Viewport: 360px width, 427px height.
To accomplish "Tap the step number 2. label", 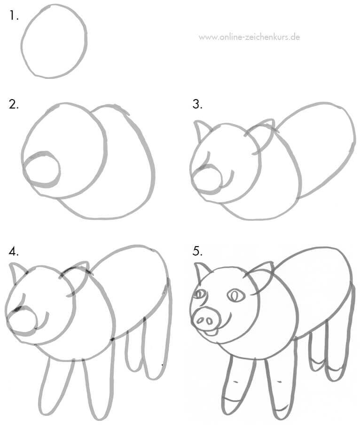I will coord(14,104).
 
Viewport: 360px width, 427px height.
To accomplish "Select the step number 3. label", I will coord(197,104).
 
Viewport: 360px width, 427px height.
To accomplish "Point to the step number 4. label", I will coord(14,251).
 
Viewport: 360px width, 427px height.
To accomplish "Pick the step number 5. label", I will coord(197,251).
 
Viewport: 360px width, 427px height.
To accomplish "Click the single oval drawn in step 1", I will coord(54,41).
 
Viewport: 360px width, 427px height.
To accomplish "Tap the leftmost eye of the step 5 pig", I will coord(199,295).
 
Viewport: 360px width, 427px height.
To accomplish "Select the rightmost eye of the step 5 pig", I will coord(234,295).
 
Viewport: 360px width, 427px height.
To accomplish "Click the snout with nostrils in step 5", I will coord(206,320).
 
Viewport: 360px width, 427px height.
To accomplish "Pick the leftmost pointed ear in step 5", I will coord(203,272).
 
